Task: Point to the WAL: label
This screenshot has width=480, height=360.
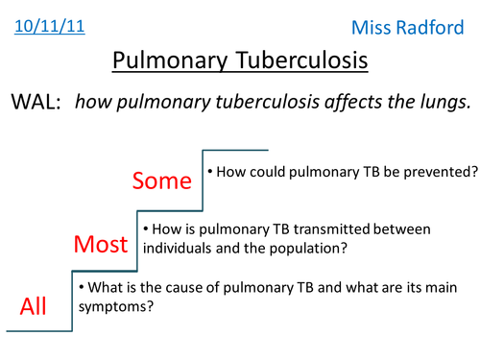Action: pos(36,104)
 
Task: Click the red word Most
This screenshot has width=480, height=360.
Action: pos(102,245)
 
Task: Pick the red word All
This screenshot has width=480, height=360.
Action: pos(35,306)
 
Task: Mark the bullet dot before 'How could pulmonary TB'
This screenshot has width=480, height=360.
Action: pos(210,173)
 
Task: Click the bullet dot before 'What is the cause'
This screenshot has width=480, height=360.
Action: pos(83,288)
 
